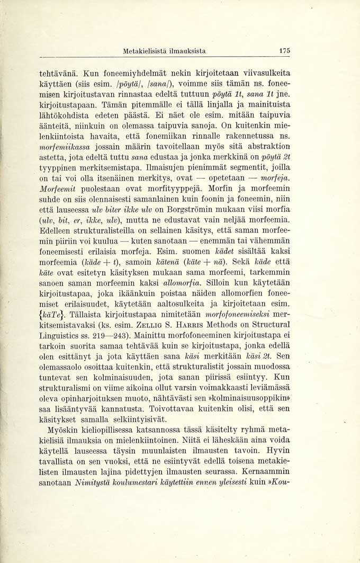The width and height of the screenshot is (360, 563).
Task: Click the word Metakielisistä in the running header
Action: [x=145, y=51]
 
